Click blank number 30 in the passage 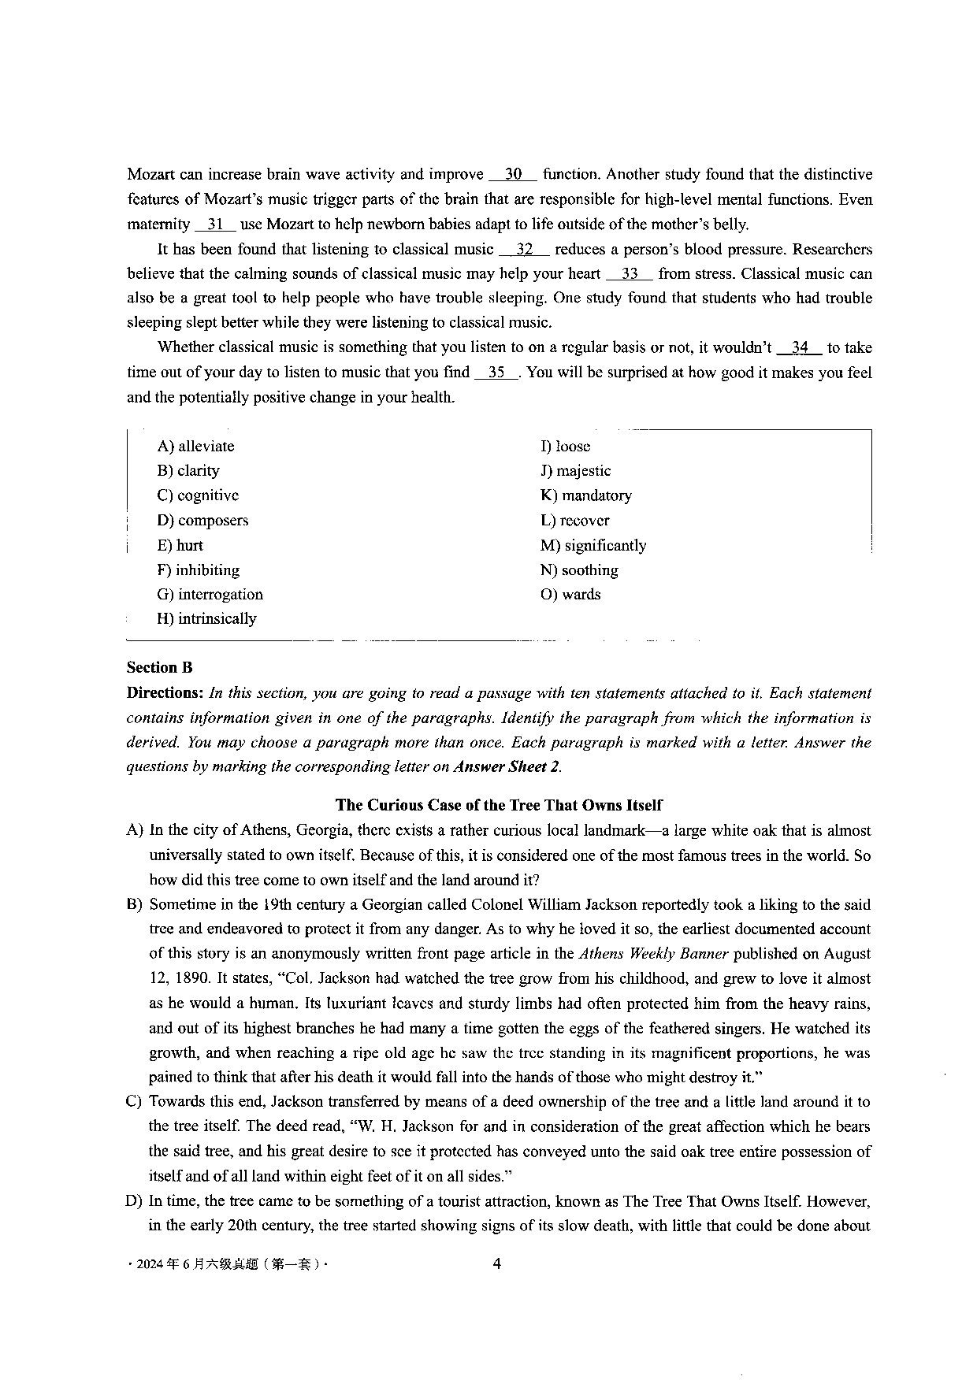click(513, 175)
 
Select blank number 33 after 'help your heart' click(630, 274)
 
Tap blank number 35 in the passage click(496, 373)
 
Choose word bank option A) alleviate click(195, 447)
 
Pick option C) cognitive click(198, 495)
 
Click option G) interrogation click(210, 595)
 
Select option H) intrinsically click(206, 619)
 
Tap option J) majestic click(575, 471)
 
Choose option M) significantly click(593, 546)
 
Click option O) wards click(570, 595)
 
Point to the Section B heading click(159, 668)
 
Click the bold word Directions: click(165, 693)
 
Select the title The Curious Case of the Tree click(499, 805)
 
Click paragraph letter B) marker click(134, 905)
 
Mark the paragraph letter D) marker click(134, 1201)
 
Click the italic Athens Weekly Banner click(653, 954)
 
